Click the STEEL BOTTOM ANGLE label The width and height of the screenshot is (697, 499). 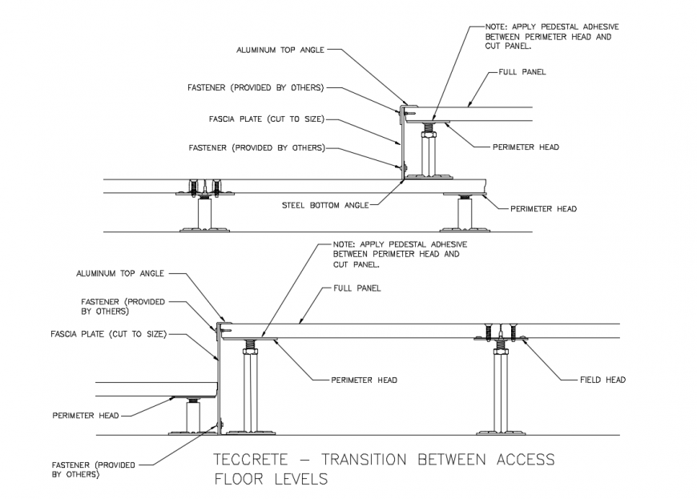[325, 206]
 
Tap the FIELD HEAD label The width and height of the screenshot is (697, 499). [603, 380]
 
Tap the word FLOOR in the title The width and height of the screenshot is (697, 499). [241, 480]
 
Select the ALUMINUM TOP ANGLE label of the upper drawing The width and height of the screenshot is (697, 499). [280, 50]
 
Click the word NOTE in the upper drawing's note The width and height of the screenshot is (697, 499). [497, 26]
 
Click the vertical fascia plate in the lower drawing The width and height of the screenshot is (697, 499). [218, 376]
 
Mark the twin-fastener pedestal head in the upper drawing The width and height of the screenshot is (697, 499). [204, 190]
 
